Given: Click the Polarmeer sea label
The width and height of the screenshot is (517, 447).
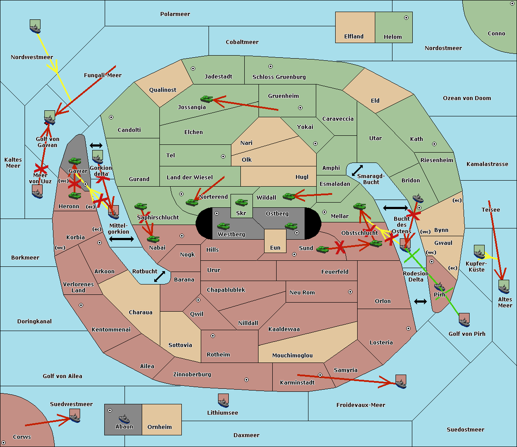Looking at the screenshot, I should click(x=175, y=14).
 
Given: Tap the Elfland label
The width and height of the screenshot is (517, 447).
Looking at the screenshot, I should click(x=354, y=37).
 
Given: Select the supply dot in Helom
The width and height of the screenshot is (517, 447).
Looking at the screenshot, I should click(x=406, y=18).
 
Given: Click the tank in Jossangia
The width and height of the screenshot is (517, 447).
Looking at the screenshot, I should click(x=207, y=99).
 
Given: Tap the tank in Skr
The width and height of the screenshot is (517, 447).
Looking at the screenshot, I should click(x=241, y=202).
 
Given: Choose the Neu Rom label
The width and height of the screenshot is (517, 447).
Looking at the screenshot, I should click(x=302, y=293).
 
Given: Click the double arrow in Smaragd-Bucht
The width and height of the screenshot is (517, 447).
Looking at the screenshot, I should click(x=357, y=170).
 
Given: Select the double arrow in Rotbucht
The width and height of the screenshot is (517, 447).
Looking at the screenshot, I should click(x=160, y=276).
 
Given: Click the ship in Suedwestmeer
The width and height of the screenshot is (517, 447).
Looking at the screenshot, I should click(x=75, y=416).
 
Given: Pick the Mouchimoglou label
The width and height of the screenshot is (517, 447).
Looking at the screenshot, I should click(x=292, y=356).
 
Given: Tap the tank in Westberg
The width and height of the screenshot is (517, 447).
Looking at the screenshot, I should click(x=223, y=226).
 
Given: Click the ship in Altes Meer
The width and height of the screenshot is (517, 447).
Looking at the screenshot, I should click(x=504, y=287).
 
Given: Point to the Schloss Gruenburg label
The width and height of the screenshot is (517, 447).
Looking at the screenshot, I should click(x=279, y=77).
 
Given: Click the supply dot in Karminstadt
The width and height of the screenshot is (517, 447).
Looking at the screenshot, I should click(x=320, y=375).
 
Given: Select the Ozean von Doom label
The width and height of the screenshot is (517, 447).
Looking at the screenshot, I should click(x=467, y=98).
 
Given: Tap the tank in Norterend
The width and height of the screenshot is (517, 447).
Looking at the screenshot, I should click(x=192, y=202).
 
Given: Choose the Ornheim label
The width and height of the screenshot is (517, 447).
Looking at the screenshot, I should click(x=159, y=427).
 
